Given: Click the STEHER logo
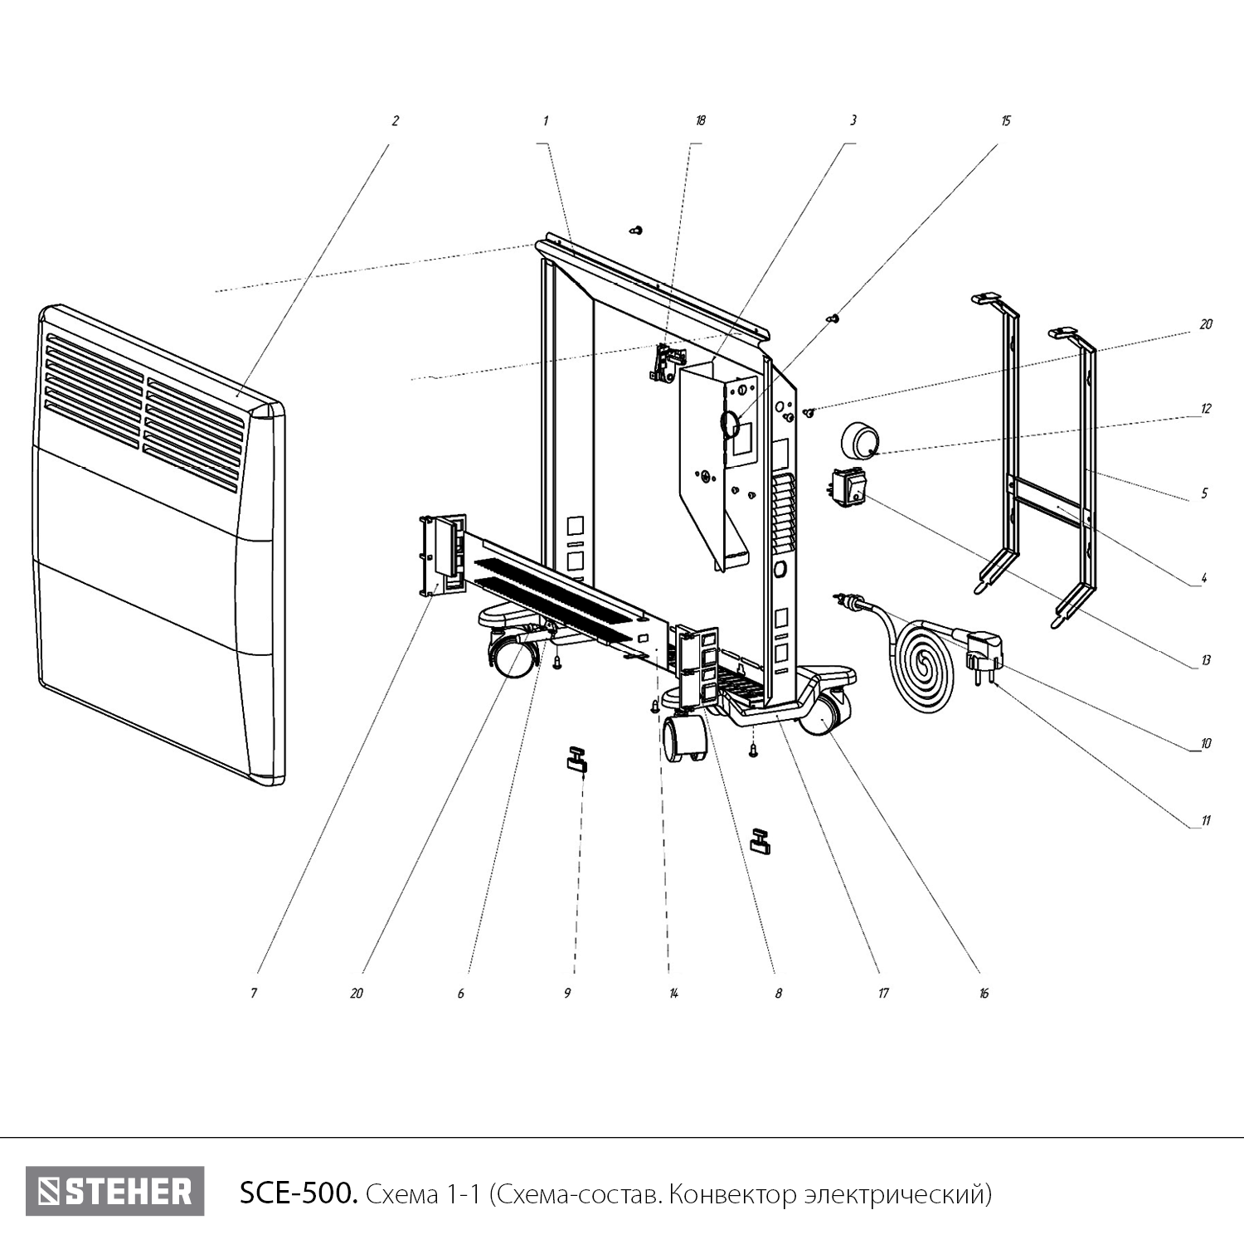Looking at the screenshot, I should (x=114, y=1192).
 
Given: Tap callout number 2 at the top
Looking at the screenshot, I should (x=395, y=121).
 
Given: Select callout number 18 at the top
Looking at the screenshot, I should (x=701, y=121).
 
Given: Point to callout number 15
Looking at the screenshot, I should (x=1006, y=121).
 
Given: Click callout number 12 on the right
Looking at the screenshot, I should (x=1206, y=409).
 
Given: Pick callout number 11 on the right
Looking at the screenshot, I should (x=1206, y=821).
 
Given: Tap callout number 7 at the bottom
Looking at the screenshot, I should (x=254, y=993).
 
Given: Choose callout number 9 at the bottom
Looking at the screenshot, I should (x=567, y=993).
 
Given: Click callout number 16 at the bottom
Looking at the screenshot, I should (x=984, y=993).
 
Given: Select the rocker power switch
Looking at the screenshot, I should (x=848, y=488).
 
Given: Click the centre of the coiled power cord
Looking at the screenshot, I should (x=922, y=663).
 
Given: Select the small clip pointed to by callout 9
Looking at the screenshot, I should (x=576, y=760).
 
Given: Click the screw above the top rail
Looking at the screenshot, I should (x=637, y=230).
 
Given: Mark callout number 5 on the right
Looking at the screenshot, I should (x=1205, y=493).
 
